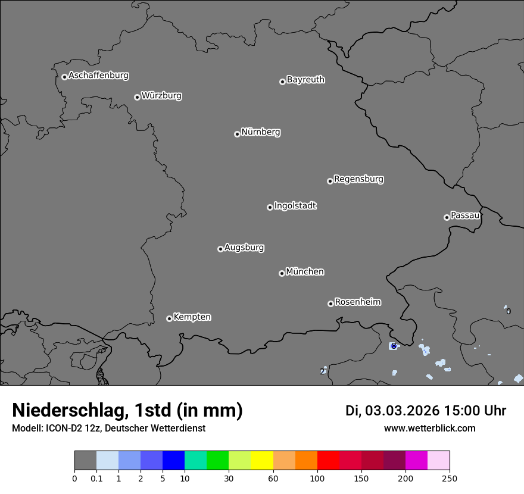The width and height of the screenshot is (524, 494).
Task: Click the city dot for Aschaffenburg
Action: click(x=64, y=77)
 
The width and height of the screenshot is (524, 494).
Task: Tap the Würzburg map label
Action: click(x=161, y=96)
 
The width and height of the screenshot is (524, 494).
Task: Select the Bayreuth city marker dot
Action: click(x=282, y=82)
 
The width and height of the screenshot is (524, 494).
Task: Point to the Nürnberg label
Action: click(x=260, y=132)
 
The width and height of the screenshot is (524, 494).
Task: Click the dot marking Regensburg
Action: click(x=330, y=181)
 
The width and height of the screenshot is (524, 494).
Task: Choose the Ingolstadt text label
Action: click(x=295, y=206)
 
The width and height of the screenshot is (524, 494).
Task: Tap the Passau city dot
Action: click(x=447, y=217)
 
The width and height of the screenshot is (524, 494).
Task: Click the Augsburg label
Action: click(x=244, y=248)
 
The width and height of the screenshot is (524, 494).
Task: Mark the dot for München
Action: click(x=282, y=273)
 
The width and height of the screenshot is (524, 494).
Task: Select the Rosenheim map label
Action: click(x=357, y=302)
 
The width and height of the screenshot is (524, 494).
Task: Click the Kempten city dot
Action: click(x=169, y=318)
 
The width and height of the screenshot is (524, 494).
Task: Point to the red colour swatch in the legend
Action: click(x=328, y=461)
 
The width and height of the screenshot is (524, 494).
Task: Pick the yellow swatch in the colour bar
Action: click(x=262, y=461)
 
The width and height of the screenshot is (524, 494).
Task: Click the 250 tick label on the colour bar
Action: click(x=450, y=479)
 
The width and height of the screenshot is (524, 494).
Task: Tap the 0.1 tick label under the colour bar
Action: click(x=96, y=479)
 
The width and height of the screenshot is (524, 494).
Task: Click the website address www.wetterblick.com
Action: click(x=429, y=429)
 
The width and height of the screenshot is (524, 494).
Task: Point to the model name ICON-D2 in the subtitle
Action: click(x=61, y=429)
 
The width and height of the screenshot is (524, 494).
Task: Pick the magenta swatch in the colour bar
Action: click(x=416, y=461)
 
